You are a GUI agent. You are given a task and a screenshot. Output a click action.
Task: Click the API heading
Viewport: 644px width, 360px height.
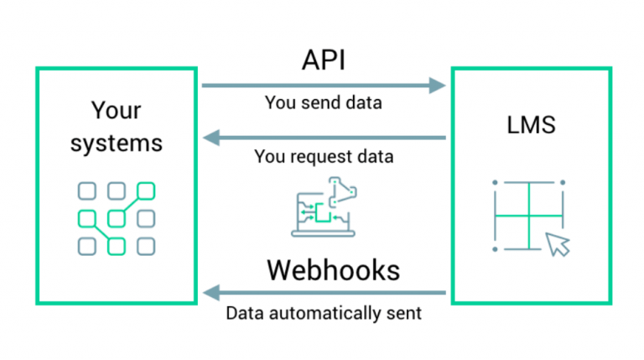pos(324,60)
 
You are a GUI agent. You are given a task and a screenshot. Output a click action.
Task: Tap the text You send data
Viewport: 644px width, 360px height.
pos(323,103)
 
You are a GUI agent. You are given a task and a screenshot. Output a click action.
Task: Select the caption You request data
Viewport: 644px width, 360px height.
pos(324,156)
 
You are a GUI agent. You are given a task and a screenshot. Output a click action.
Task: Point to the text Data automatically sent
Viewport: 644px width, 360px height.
pos(324,314)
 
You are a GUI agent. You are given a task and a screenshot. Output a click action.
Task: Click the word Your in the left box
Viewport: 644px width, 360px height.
pos(116,110)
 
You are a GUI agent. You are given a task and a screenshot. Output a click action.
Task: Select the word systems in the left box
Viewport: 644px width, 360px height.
pos(116,143)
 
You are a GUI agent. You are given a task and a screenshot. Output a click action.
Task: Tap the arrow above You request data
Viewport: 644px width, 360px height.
pos(324,137)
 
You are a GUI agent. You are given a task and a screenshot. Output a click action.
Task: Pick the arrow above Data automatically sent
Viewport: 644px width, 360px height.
pos(324,293)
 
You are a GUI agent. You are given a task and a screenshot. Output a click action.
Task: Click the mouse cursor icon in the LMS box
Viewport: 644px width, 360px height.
pos(557,244)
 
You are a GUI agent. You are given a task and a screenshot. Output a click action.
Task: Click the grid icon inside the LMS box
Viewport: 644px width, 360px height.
pos(528,216)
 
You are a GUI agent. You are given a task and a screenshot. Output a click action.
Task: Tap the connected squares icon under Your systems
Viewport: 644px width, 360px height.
pos(116,218)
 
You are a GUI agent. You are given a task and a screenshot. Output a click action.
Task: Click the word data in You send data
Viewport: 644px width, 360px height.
pos(364,103)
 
